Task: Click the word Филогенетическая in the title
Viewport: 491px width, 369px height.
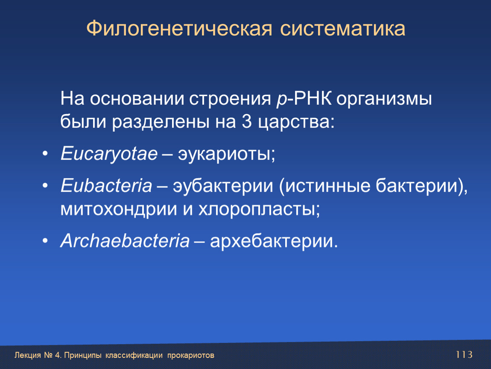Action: (179, 29)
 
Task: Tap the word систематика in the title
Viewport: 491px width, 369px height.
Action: (342, 29)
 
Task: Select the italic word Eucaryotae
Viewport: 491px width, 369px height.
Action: (109, 154)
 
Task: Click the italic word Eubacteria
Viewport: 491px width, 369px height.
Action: (106, 185)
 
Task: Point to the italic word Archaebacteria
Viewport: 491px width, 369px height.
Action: (125, 241)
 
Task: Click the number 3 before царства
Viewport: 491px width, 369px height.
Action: (247, 121)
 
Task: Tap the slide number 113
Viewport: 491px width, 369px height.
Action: (464, 354)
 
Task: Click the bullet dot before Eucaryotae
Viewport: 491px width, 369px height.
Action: (45, 154)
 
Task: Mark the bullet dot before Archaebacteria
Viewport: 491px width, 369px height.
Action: (45, 240)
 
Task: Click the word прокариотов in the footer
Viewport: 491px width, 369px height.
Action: (191, 355)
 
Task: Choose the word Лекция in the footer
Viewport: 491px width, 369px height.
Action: (28, 355)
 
